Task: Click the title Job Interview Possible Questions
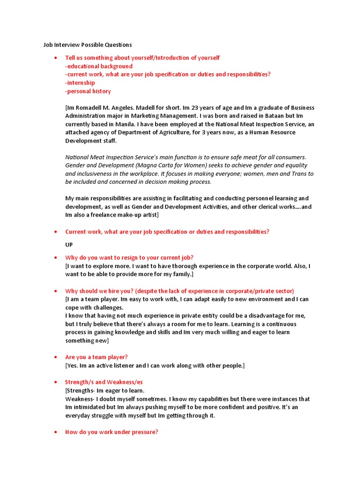tap(88, 45)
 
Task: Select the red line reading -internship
tap(80, 83)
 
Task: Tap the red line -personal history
tap(88, 91)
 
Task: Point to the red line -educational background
tap(99, 66)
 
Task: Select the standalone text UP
tap(69, 245)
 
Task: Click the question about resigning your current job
tap(129, 258)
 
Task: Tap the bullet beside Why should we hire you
tap(56, 291)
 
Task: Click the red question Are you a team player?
tap(96, 357)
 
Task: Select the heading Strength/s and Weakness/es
tap(104, 382)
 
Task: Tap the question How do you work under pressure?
tap(112, 432)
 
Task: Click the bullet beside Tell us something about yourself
tap(56, 58)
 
